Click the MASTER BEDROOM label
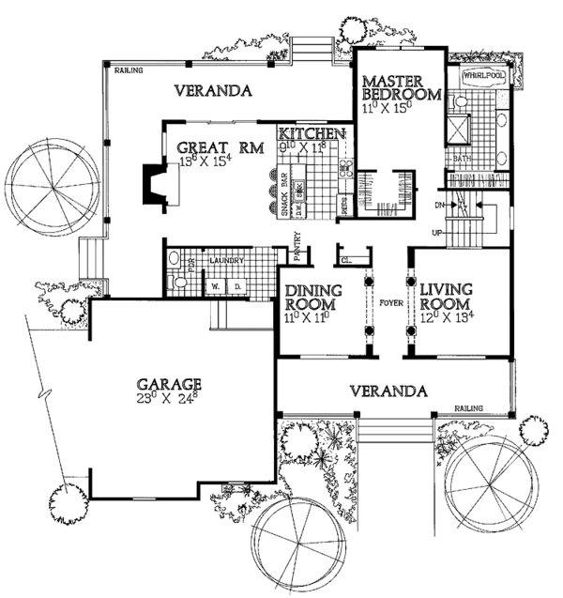[x=402, y=87]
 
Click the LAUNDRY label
[x=226, y=260]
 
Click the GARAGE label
[x=169, y=384]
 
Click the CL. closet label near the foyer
[x=346, y=261]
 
